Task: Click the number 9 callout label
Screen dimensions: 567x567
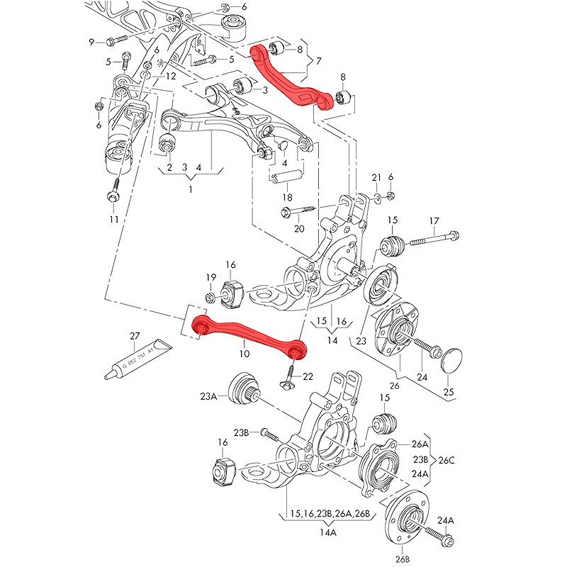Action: [91, 42]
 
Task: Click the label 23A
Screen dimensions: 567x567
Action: [208, 398]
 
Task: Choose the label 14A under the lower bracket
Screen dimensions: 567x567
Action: [328, 531]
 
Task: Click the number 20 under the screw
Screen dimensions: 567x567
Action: [298, 228]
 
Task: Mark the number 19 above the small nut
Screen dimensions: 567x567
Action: [211, 276]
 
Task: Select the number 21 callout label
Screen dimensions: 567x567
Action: [376, 176]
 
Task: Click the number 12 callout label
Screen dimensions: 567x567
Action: [171, 76]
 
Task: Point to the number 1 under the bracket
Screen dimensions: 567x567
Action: [190, 189]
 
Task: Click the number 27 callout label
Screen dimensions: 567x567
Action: [135, 335]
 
